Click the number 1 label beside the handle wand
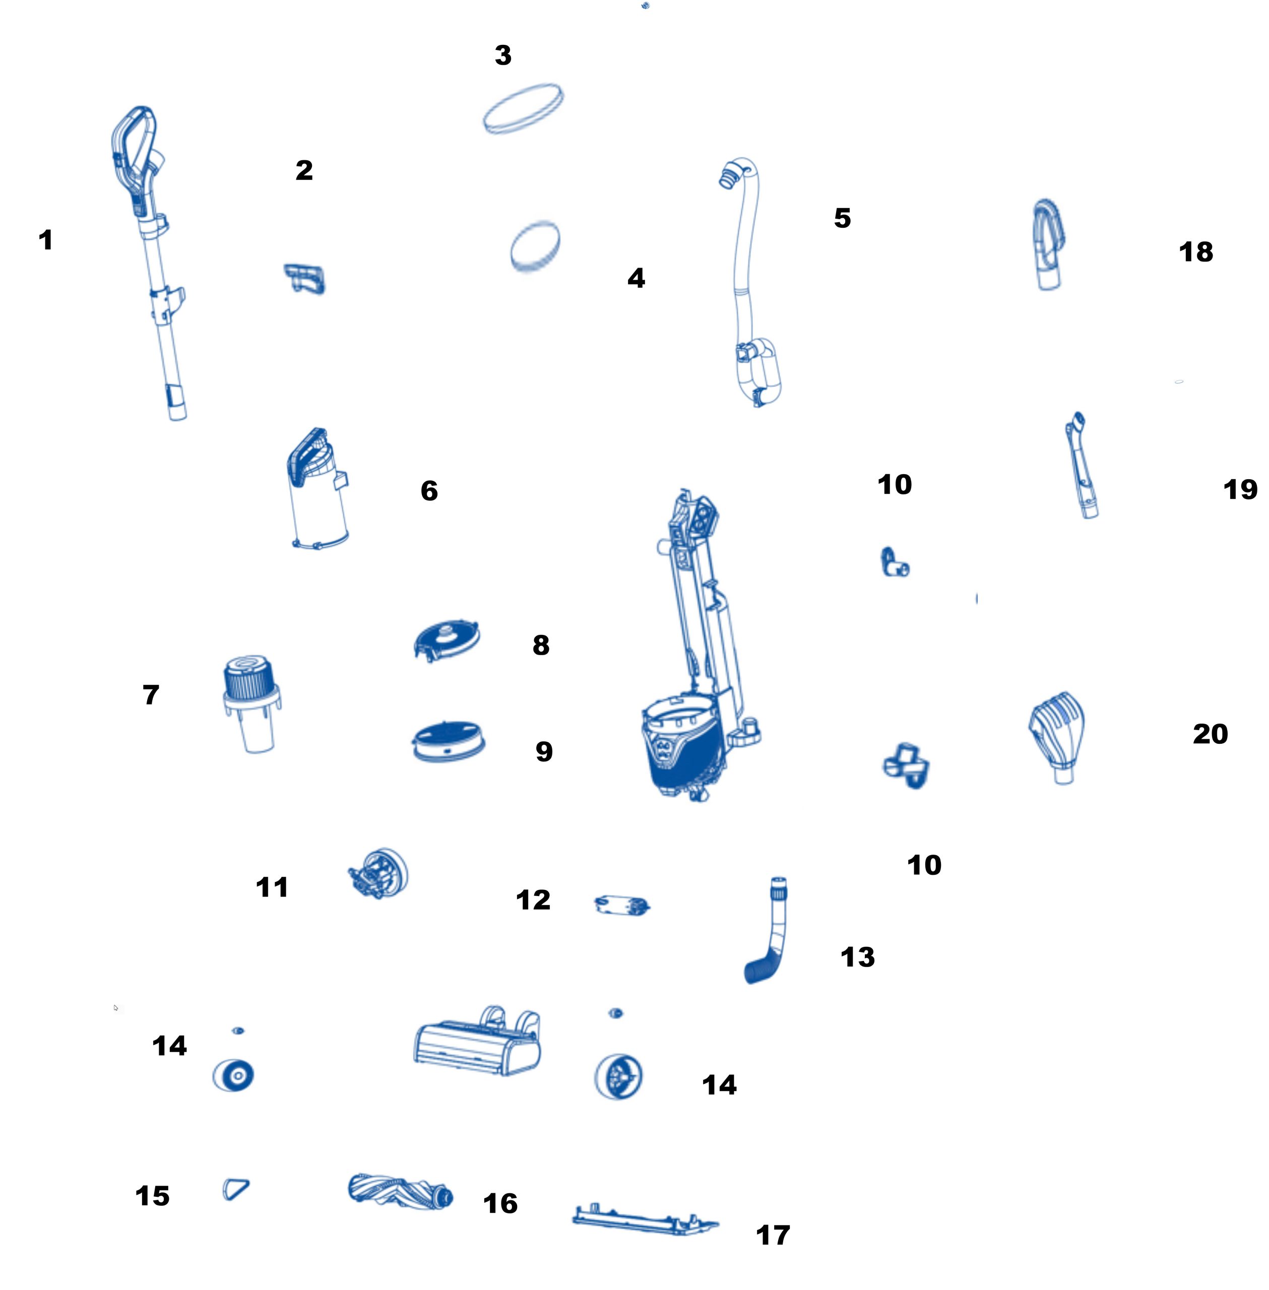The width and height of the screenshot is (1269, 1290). point(45,240)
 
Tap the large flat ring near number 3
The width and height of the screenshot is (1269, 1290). point(523,109)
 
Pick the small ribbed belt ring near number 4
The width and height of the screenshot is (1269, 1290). point(535,246)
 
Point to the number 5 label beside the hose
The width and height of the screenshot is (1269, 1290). point(843,218)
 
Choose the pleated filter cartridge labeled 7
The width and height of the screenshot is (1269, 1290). point(251,703)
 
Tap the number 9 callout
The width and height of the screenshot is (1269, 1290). point(544,752)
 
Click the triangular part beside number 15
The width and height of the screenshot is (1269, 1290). point(235,1189)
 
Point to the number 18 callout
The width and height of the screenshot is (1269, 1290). point(1196,252)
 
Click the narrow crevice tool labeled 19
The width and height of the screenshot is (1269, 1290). point(1083,465)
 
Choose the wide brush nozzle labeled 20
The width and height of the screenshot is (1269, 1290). point(1058,737)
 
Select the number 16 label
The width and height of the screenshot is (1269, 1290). point(500,1203)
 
